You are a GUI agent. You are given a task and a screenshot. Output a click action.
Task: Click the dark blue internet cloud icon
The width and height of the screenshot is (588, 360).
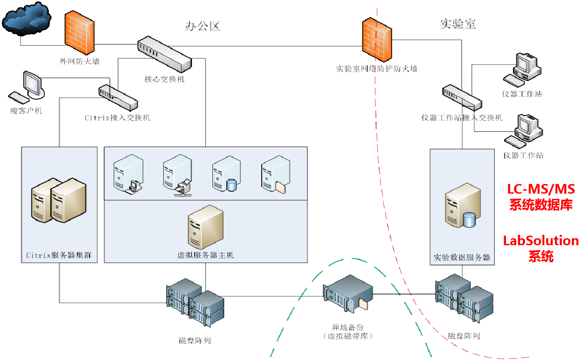point(26,19)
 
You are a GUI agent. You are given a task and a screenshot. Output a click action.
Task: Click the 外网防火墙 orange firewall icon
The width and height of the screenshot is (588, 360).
point(79,33)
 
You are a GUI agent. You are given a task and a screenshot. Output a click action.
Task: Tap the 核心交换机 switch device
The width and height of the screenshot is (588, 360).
point(164,54)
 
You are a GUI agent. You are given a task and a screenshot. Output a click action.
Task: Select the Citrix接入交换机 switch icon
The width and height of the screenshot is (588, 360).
point(118,97)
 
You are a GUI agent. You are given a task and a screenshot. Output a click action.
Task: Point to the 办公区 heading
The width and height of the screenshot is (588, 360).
point(202,26)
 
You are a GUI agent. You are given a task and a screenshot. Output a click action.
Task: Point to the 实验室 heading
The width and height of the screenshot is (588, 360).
point(458,24)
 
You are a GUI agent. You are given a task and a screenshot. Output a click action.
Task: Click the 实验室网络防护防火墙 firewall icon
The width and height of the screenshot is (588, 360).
point(377,40)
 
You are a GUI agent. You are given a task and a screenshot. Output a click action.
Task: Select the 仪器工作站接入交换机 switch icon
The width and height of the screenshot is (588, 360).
point(462,97)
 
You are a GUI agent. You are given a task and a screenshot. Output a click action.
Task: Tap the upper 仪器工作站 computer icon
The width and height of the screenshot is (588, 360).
point(523,70)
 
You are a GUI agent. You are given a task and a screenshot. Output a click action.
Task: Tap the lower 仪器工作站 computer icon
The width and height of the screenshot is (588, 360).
point(523,131)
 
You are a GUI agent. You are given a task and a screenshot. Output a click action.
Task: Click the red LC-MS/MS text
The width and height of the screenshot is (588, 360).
point(541,189)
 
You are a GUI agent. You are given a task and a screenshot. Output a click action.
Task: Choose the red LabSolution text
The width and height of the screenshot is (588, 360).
point(541,240)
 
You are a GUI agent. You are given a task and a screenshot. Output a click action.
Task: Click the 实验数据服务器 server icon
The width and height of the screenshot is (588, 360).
point(463,206)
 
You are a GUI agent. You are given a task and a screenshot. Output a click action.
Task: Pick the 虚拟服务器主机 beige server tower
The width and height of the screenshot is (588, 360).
point(205,227)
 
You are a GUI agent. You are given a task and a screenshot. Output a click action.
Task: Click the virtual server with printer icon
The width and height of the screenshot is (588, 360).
point(178,175)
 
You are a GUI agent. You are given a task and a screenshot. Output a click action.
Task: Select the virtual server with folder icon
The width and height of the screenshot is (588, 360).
point(276,175)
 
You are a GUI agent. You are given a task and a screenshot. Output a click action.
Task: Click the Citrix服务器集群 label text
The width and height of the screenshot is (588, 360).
point(59,255)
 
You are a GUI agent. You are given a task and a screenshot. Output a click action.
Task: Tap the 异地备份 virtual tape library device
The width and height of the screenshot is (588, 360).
point(348,294)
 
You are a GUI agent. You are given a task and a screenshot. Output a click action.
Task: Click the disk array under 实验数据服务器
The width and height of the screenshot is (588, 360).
point(464,298)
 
